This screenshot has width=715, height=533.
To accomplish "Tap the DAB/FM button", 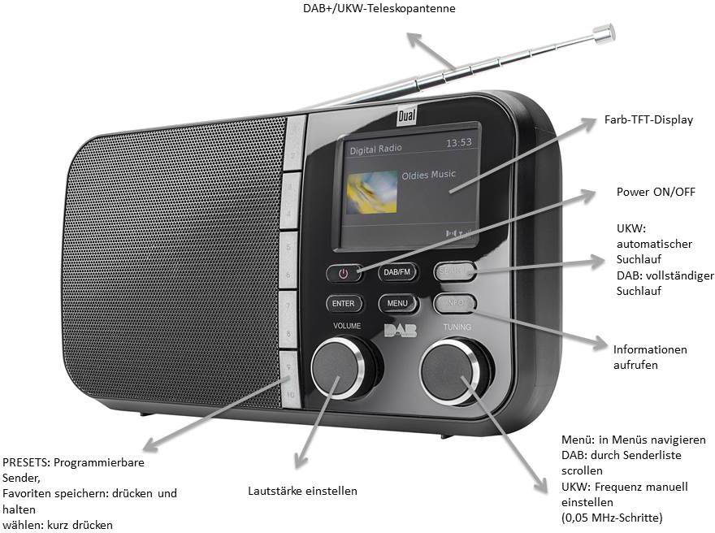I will coord(396,273).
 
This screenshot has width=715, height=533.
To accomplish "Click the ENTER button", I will coord(344,303).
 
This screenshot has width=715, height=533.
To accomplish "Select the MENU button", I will coord(397,304).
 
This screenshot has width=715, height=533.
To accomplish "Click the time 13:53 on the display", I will coord(458,143).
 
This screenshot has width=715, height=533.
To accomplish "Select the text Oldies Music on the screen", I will coord(429,175).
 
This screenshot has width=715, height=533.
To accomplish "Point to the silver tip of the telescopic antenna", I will coord(603,32).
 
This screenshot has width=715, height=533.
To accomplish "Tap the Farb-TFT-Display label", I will coord(648,120).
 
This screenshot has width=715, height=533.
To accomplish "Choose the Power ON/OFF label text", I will coord(656,193).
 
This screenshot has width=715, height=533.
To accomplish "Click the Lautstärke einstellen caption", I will coord(302,491).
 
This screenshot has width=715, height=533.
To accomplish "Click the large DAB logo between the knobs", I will coord(399,331).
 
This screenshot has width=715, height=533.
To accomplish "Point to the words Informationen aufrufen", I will coord(650,357).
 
